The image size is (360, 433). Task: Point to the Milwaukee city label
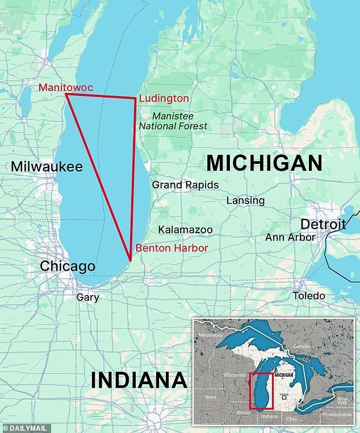(47, 167)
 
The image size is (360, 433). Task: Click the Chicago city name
(66, 267)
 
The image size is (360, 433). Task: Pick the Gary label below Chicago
(87, 297)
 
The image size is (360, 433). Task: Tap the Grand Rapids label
(185, 185)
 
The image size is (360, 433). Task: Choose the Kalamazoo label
(185, 230)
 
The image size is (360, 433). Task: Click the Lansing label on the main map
(245, 200)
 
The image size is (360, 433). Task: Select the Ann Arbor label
(290, 237)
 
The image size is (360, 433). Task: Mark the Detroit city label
(323, 223)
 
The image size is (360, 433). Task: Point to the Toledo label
(309, 296)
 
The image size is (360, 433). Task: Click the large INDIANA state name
(139, 379)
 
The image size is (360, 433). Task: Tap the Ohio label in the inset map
(291, 419)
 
